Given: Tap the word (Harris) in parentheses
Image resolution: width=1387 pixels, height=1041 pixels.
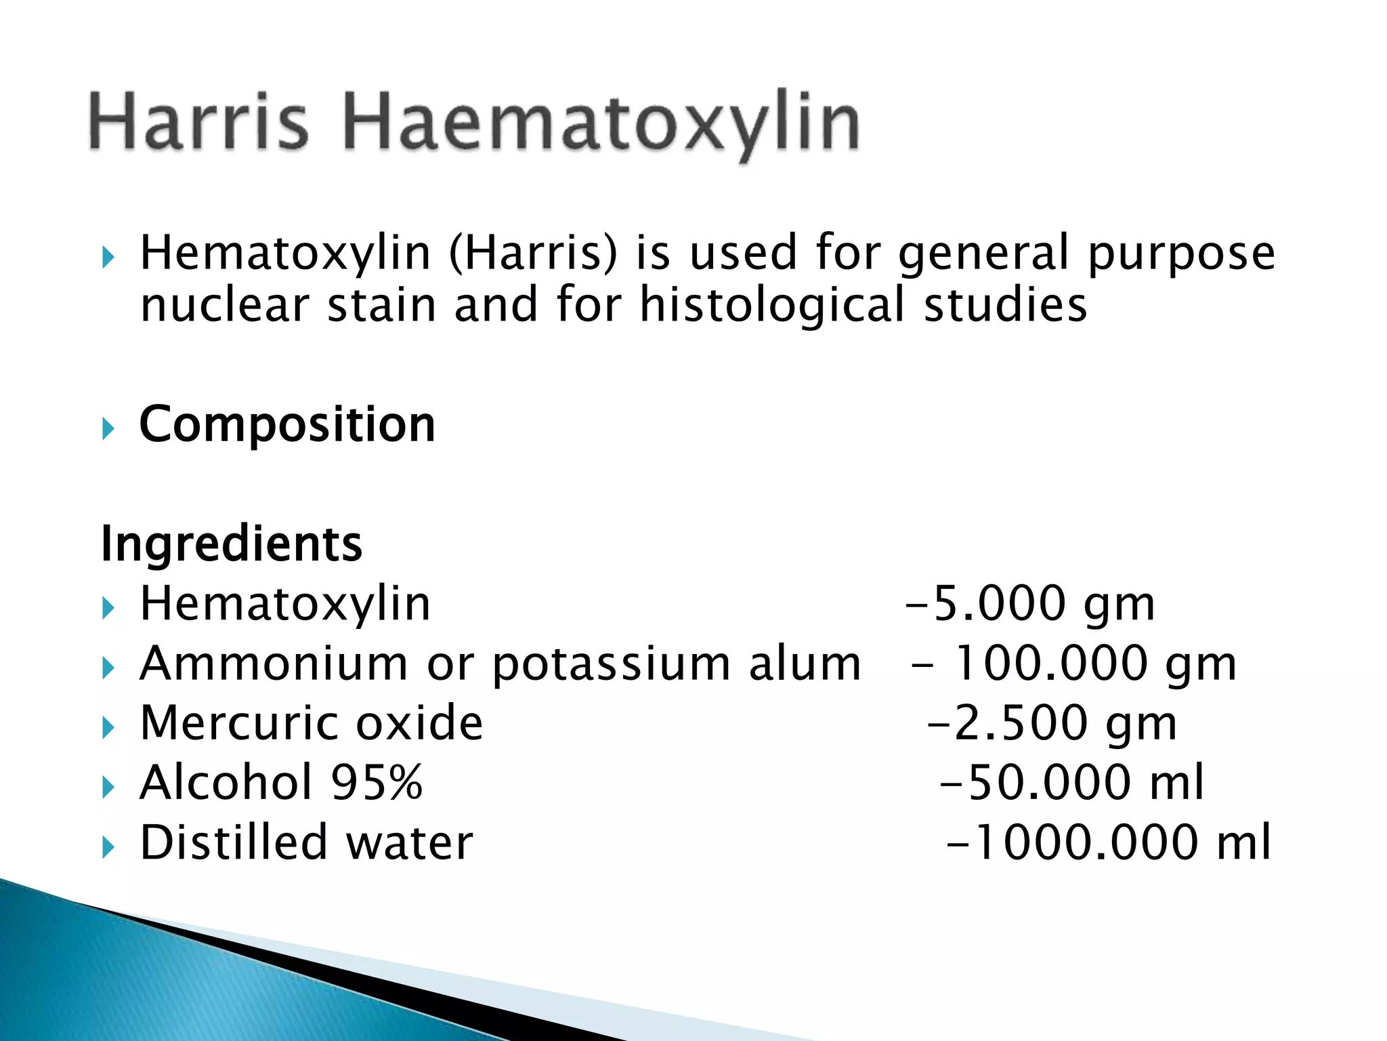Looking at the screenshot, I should click(533, 253).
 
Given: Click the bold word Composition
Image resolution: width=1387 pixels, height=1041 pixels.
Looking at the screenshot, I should click(287, 425).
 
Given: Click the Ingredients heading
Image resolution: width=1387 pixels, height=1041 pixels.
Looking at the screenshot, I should click(232, 544).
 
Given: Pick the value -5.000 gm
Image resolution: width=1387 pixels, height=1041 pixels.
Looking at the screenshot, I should click(1030, 604).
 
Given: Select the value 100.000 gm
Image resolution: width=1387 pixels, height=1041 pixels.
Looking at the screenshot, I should click(1094, 664).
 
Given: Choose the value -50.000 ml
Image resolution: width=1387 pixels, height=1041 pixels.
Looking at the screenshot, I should click(1073, 783).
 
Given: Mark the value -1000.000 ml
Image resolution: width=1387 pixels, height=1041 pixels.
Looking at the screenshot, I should click(1108, 842).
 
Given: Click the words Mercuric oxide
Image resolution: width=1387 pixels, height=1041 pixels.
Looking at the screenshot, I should click(311, 723).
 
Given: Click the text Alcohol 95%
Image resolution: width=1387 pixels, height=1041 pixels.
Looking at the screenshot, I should click(281, 783).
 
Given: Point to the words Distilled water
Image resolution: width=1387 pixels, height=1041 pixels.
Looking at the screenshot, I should click(306, 842).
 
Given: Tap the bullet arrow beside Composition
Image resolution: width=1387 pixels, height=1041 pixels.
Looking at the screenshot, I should click(108, 429).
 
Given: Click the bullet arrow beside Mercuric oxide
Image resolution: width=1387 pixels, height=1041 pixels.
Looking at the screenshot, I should click(108, 728).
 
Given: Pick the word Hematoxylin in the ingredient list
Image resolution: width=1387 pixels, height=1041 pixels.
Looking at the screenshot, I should click(285, 604).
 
